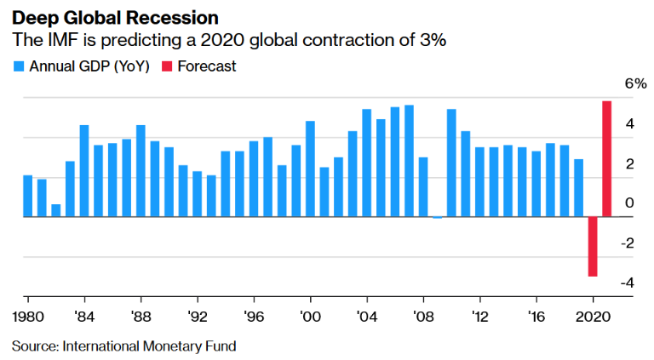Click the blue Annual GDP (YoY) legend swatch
click(18, 66)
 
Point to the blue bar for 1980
click(27, 197)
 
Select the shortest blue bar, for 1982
click(55, 210)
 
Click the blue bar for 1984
click(84, 171)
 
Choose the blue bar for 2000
click(310, 169)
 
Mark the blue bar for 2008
click(423, 187)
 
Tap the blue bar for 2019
click(579, 188)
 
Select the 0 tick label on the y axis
click(628, 203)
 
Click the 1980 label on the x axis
click(27, 312)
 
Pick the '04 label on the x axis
click(366, 312)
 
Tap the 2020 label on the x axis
click(591, 312)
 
